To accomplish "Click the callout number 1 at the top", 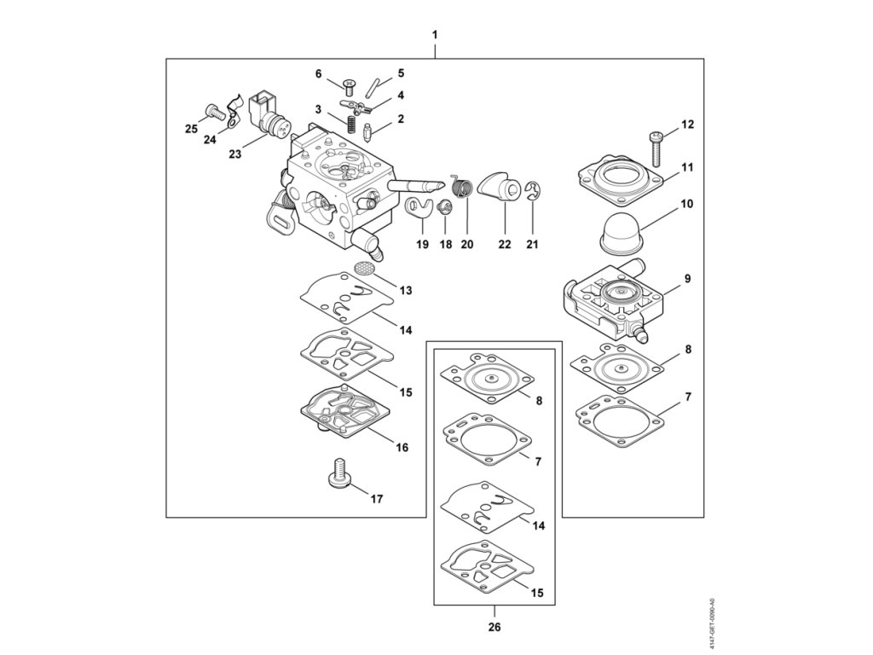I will [435, 35].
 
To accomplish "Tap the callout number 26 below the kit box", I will [494, 628].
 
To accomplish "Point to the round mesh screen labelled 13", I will [365, 267].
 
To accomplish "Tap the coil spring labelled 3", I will [350, 124].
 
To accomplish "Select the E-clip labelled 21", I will [534, 193].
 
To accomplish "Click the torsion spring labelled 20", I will [461, 185].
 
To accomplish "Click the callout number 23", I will [235, 154].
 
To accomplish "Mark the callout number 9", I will [687, 279].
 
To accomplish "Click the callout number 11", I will [687, 168].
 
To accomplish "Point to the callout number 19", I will [422, 245].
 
